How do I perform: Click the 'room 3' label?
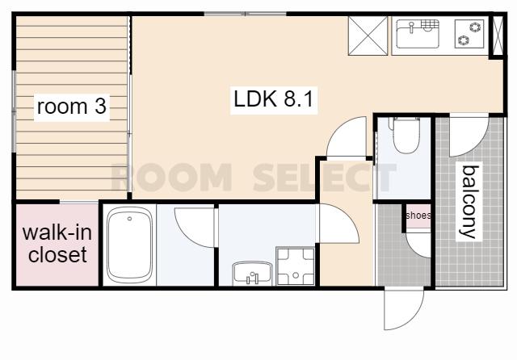[72, 107]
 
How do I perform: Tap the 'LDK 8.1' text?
[273, 98]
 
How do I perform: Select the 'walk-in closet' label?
[57, 244]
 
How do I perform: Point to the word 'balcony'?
[469, 202]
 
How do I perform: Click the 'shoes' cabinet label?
[418, 216]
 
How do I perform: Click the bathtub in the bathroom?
[129, 245]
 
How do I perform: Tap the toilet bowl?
[406, 135]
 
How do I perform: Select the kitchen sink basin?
[418, 34]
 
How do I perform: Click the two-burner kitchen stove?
[469, 34]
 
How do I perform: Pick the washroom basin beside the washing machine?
[252, 273]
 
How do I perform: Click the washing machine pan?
[296, 266]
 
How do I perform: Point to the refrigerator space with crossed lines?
[368, 36]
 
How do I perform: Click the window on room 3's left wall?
[14, 111]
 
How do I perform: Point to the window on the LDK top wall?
[245, 14]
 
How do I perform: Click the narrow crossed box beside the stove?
[498, 36]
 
